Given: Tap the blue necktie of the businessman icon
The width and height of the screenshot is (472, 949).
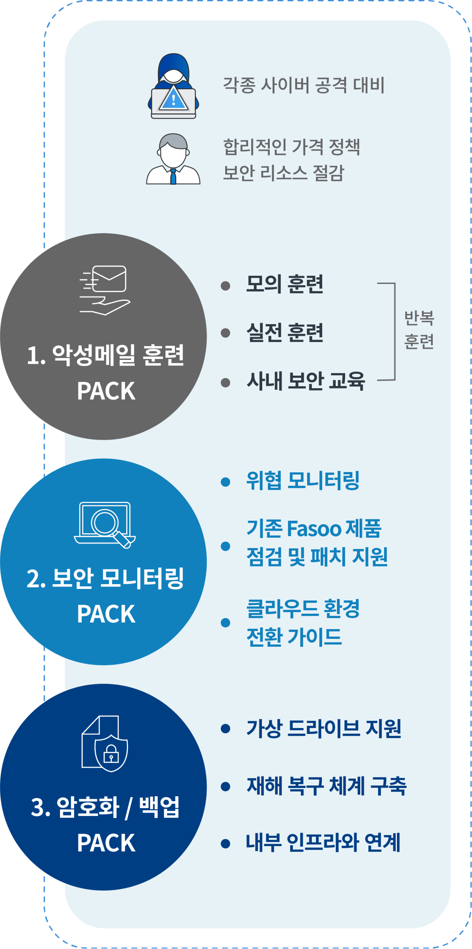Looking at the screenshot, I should click(x=173, y=176).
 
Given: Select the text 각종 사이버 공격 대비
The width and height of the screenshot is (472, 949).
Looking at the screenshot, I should click(x=304, y=85).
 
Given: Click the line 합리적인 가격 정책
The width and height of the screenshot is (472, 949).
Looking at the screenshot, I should click(x=291, y=147).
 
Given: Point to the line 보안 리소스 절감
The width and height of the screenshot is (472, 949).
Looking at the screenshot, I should click(x=283, y=172).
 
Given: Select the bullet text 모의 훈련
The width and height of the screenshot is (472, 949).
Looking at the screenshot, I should click(x=285, y=284).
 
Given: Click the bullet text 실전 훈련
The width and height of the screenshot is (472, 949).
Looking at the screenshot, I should click(x=285, y=333).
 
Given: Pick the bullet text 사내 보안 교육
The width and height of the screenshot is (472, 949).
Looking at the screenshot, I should click(x=306, y=381).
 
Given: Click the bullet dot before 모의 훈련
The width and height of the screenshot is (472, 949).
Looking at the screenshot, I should click(x=226, y=286).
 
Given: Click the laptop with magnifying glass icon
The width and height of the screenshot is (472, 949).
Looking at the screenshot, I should click(x=105, y=524).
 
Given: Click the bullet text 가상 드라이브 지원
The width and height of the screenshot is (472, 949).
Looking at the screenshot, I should click(x=324, y=728).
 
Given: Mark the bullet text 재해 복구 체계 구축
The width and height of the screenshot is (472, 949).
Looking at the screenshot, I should click(x=326, y=786).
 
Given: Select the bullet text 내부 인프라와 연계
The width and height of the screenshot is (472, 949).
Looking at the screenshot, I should click(x=323, y=842).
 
